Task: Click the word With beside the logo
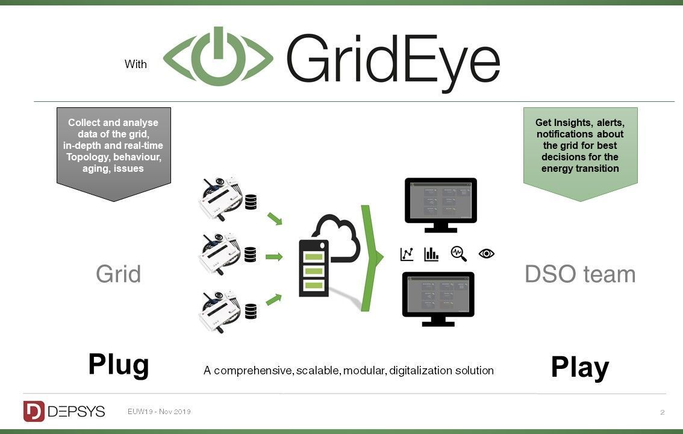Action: (x=136, y=64)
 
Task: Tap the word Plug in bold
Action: (x=119, y=365)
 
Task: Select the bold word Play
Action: (x=579, y=367)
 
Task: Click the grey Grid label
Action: (x=118, y=274)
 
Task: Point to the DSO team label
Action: (x=580, y=274)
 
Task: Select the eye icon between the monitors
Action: (x=486, y=254)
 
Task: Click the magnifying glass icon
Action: (x=459, y=254)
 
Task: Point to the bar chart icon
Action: (x=431, y=254)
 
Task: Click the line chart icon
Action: (x=407, y=254)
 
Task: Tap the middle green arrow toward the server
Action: (x=274, y=257)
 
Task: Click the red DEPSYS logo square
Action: (x=34, y=411)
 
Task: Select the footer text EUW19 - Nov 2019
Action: (x=159, y=412)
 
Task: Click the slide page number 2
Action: (x=662, y=412)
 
